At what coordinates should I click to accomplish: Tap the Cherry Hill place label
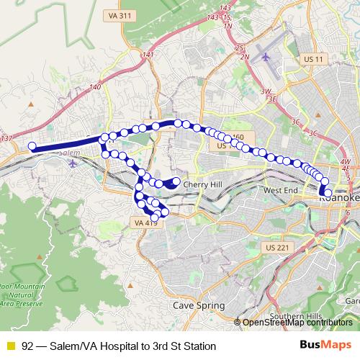point(204,184)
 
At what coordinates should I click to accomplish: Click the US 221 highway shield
point(276,248)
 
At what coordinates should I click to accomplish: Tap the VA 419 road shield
point(145,224)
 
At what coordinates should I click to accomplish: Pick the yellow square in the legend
point(10,346)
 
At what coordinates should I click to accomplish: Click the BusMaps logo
point(325,346)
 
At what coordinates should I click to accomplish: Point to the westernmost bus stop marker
point(32,147)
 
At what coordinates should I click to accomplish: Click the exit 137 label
point(7,138)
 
